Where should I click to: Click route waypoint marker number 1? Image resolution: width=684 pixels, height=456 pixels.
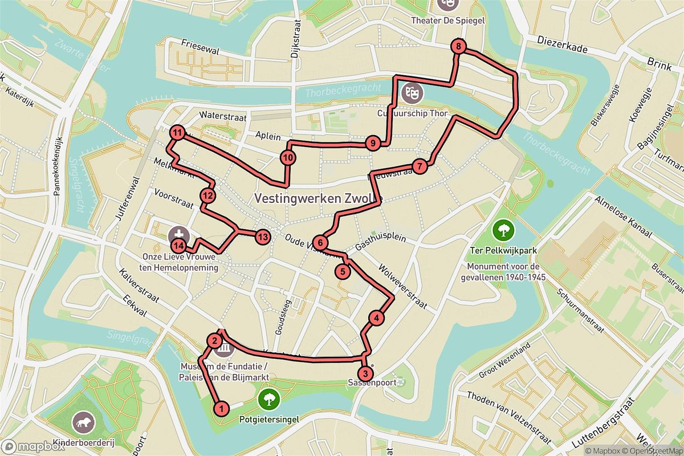point(222,408)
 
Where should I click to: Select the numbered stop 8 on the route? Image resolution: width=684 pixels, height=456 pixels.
point(458,47)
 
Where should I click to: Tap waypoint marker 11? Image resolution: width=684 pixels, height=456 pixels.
point(178,133)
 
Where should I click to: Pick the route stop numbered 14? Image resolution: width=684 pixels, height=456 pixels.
point(179,246)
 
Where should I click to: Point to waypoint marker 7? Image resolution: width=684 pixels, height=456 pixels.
point(419,166)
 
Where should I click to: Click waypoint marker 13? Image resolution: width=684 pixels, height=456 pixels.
point(262,237)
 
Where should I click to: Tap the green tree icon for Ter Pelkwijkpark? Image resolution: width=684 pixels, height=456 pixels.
point(503,231)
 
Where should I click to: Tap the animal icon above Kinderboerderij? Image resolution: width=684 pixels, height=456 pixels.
point(83,422)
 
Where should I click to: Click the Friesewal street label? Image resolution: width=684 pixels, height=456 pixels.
point(199,43)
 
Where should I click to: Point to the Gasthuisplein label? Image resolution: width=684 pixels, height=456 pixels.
point(380,243)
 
